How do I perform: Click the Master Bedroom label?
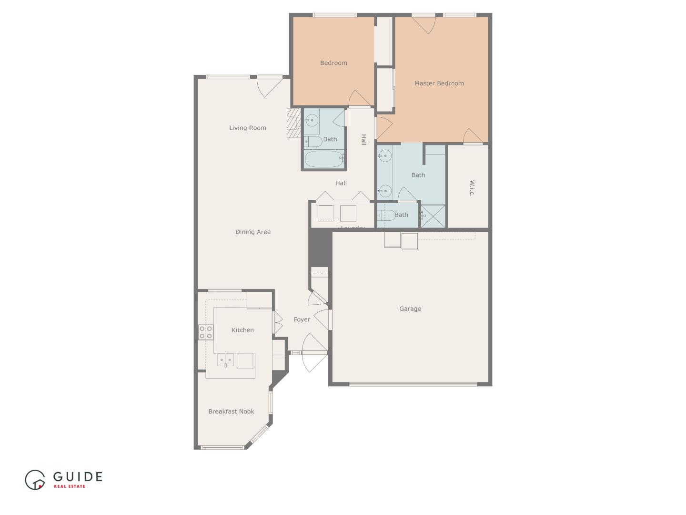tap(439, 83)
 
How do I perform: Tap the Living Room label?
tap(247, 128)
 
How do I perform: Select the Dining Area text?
tap(252, 232)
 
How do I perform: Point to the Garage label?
tap(410, 309)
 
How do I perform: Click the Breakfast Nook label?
tap(231, 412)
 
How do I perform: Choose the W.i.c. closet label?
tap(472, 188)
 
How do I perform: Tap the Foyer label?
tap(302, 319)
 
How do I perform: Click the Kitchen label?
tap(242, 330)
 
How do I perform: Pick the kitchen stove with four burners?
tap(206, 332)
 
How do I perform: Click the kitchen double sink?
tap(226, 360)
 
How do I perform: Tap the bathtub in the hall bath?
tap(324, 159)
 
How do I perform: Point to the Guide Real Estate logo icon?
tap(35, 480)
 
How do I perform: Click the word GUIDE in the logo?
tap(78, 476)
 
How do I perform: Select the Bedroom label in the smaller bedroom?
tap(333, 63)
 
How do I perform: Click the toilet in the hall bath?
tap(313, 141)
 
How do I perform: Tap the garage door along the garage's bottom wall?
tap(413, 384)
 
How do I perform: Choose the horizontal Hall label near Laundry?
tap(341, 183)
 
